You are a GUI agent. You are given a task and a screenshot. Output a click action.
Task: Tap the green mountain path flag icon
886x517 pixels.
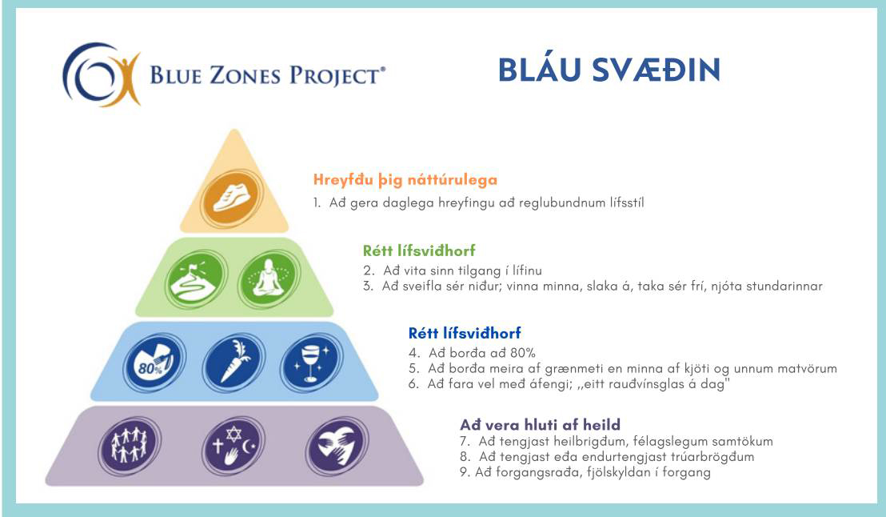[197, 280]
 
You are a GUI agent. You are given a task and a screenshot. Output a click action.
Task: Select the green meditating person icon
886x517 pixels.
[269, 279]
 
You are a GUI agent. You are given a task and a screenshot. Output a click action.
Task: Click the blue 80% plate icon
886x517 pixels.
[154, 363]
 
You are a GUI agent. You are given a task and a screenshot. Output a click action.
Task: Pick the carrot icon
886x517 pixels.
[233, 363]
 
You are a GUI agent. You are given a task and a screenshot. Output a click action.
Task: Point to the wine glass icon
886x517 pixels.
[311, 363]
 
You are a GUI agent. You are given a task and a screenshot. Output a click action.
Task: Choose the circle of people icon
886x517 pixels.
[130, 446]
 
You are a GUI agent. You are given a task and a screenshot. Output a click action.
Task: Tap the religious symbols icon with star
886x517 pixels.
[233, 446]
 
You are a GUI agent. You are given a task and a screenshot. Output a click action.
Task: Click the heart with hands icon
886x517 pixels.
[337, 446]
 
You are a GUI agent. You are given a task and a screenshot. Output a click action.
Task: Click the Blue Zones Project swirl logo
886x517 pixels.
[101, 74]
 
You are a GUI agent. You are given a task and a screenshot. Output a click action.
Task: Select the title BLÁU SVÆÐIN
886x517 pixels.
[609, 70]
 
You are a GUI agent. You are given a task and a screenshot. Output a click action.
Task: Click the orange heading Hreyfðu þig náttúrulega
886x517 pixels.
[405, 180]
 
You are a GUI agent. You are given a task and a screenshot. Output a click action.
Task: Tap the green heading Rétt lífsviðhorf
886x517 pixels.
[419, 250]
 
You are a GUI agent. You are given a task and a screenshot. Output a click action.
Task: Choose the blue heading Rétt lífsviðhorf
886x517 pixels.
[465, 333]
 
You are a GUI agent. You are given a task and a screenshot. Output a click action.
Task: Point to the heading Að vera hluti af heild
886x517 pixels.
[541, 424]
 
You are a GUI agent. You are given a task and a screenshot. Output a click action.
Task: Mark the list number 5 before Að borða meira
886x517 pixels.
[414, 369]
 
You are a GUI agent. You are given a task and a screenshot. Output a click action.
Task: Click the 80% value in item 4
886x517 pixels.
[523, 353]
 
